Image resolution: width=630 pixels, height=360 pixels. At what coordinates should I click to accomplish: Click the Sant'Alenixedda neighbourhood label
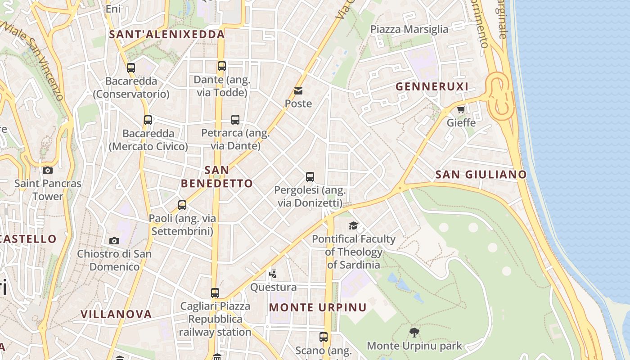(x=167, y=35)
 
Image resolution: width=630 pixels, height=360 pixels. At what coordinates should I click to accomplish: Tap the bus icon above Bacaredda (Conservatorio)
(x=131, y=68)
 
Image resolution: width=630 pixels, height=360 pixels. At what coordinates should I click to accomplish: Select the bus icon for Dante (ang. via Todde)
(x=221, y=66)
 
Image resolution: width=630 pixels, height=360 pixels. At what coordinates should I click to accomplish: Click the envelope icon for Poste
(x=298, y=91)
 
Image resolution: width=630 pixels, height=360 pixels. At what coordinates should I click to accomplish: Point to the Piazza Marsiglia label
(x=409, y=29)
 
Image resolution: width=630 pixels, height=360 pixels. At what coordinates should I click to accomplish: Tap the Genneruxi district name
(x=432, y=86)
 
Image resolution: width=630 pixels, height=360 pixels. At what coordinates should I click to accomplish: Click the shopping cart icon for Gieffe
(x=461, y=109)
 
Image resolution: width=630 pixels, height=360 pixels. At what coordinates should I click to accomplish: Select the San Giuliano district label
(x=481, y=175)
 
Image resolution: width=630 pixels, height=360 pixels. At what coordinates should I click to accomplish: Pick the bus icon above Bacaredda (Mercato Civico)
(x=148, y=120)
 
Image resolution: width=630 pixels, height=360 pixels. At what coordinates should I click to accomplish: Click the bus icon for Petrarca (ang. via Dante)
(x=235, y=120)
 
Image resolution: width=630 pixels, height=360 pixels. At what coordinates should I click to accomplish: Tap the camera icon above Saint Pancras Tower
(x=48, y=170)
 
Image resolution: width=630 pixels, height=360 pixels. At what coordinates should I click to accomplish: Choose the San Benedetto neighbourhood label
(x=217, y=177)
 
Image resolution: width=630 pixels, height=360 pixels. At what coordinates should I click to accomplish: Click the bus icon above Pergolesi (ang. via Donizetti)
(x=310, y=177)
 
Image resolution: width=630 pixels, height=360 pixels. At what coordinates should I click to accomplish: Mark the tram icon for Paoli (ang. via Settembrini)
(x=182, y=205)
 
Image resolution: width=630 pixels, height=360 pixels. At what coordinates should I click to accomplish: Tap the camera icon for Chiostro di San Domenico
(x=114, y=241)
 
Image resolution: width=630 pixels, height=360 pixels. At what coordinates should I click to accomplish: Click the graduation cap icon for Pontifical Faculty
(x=353, y=225)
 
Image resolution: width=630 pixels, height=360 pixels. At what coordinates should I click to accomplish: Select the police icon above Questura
(x=273, y=274)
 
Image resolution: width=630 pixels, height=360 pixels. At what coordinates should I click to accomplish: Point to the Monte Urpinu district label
(x=318, y=307)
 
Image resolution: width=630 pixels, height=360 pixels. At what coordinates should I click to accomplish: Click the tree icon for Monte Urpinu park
(x=414, y=333)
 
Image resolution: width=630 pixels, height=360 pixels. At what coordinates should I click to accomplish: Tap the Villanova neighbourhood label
(x=116, y=314)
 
